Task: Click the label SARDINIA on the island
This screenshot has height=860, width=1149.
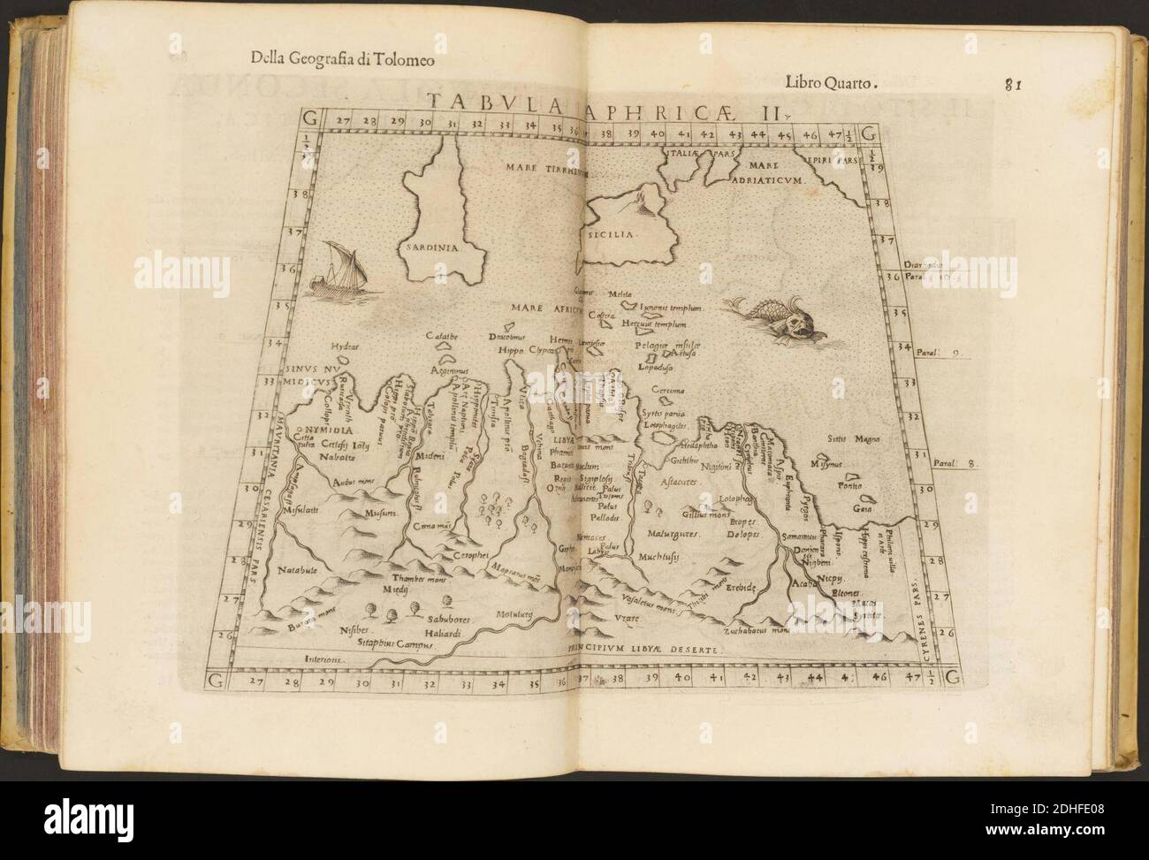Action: point(431,248)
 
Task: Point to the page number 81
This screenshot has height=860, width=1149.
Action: point(1014,85)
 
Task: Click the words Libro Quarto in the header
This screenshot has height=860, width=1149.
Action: point(830,84)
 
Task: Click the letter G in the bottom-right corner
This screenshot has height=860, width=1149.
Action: point(950,679)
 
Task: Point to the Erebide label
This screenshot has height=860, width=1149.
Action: point(742,587)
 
